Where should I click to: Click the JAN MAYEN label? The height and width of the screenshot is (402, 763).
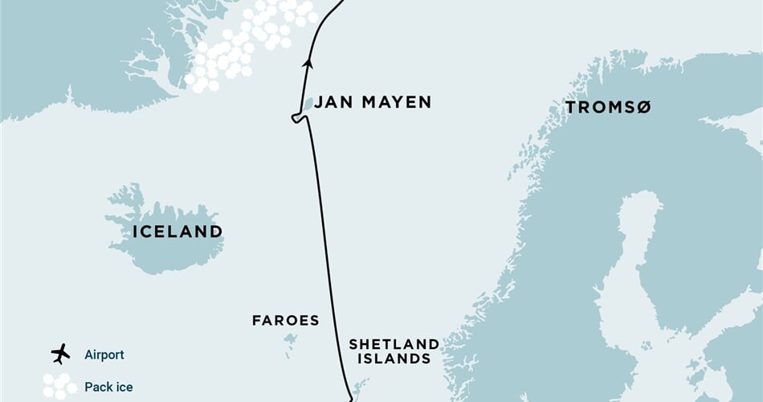click(x=372, y=102)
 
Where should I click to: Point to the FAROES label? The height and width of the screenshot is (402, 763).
click(x=285, y=321)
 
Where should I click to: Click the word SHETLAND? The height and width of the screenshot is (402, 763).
click(x=394, y=344)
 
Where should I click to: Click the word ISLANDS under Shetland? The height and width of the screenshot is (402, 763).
click(x=393, y=359)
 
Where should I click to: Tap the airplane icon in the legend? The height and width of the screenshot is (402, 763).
click(x=60, y=354)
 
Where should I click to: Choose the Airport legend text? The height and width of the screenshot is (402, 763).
click(x=104, y=354)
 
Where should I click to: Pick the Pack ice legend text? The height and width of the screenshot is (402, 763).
click(x=108, y=387)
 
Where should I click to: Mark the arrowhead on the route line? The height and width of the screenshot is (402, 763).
click(x=307, y=62)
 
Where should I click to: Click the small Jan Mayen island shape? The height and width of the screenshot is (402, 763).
click(x=308, y=105)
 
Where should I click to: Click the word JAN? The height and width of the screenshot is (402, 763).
click(x=329, y=102)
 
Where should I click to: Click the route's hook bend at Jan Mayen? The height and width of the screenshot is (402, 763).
click(x=296, y=119)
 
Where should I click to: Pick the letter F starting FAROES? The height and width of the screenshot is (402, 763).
click(x=256, y=321)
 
